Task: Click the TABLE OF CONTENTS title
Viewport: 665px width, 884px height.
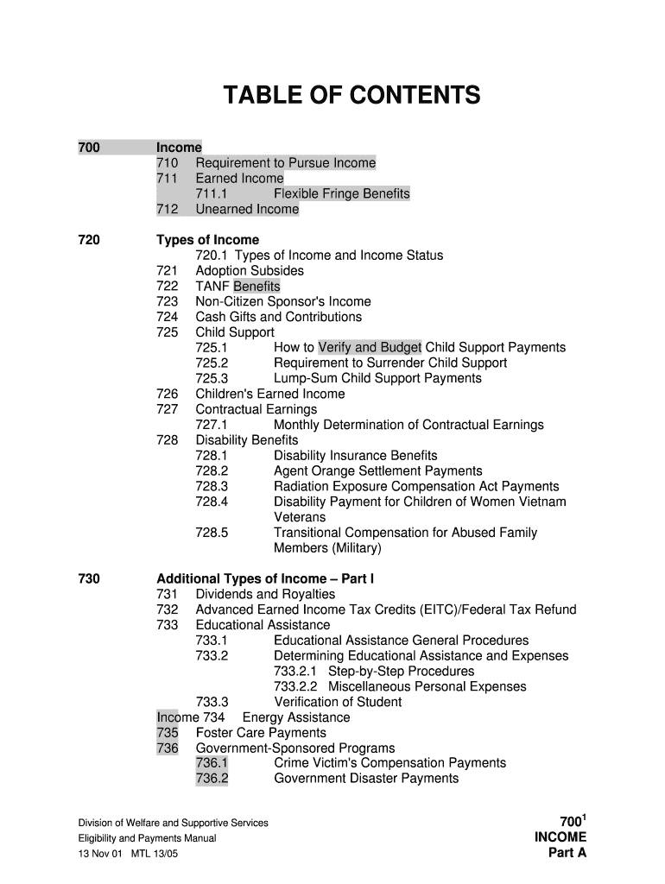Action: point(351,95)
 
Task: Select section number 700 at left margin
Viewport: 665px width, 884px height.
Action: point(89,148)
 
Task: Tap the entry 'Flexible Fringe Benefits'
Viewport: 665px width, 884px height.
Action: point(341,193)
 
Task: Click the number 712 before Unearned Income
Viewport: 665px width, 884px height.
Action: point(168,209)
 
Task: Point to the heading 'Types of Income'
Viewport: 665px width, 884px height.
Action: point(207,240)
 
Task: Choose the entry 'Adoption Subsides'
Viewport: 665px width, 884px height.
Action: point(250,271)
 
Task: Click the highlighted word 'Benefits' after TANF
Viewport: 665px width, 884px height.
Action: point(256,287)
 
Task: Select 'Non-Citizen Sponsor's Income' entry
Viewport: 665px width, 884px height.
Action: point(283,302)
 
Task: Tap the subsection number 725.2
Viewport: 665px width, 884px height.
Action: point(212,363)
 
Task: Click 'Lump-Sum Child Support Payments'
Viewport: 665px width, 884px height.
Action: point(377,379)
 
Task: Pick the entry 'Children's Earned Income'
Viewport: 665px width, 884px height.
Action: point(270,395)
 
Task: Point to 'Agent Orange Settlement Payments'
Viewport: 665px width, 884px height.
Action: point(377,471)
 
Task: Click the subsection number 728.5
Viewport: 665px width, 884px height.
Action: point(212,533)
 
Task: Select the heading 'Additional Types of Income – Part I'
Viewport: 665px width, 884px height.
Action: point(265,579)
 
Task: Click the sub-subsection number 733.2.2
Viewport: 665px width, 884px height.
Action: point(295,687)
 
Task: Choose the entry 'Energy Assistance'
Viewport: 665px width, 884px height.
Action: point(296,717)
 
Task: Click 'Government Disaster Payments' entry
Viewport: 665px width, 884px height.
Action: point(366,779)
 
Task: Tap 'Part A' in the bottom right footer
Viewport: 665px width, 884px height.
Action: point(567,853)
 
